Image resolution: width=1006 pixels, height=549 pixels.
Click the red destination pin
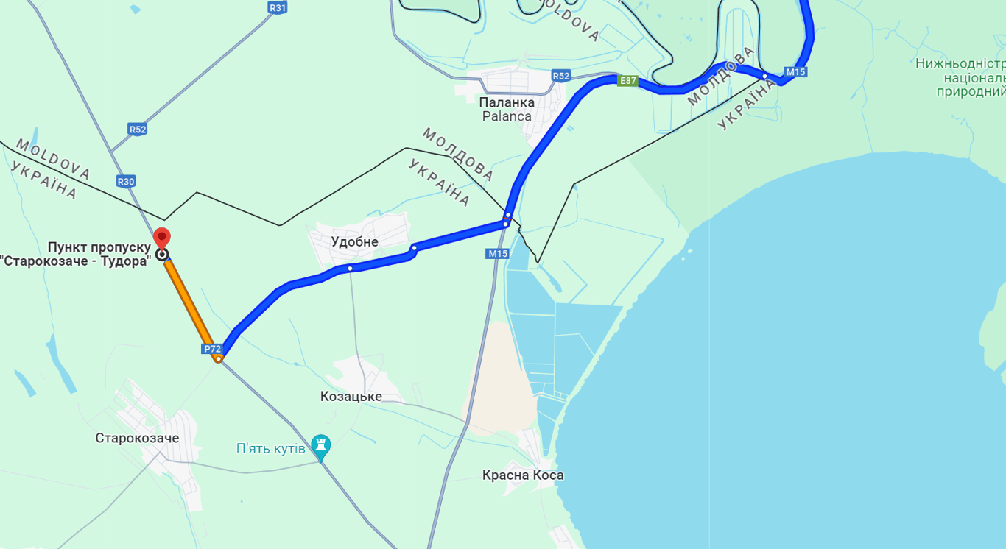161,238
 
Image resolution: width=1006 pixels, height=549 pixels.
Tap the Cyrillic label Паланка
507,102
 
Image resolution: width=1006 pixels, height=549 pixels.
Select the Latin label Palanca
507,116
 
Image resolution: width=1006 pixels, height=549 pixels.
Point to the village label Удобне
354,242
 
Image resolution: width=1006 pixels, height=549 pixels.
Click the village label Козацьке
351,397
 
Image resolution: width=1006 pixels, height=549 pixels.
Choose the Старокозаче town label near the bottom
137,439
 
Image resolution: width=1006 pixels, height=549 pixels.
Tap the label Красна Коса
523,475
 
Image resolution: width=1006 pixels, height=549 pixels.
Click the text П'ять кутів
270,449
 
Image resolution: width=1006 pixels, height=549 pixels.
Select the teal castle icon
320,445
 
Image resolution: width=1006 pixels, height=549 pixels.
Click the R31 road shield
278,7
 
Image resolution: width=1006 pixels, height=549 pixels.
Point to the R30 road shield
126,181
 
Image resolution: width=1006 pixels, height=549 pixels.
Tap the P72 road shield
212,349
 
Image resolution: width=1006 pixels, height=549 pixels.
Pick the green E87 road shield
627,81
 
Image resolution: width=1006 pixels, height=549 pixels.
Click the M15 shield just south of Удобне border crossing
498,254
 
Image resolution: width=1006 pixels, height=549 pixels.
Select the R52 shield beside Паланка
561,76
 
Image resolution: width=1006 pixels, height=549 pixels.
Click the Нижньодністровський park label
960,64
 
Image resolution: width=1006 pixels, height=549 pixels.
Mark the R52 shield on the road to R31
138,130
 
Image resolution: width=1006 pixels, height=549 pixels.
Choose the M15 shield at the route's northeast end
795,72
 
